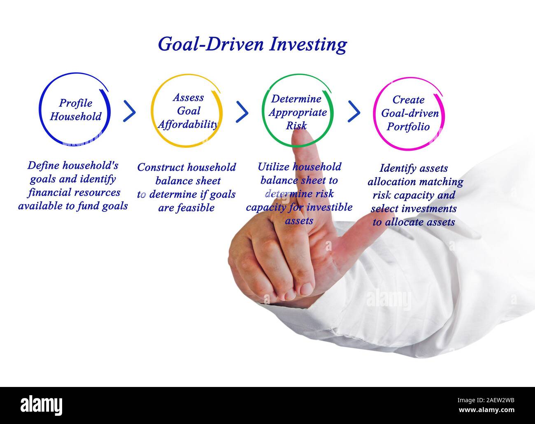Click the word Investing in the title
click(x=308, y=44)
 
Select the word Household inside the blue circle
click(x=76, y=116)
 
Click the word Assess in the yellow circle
click(x=188, y=98)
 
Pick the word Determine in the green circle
click(x=296, y=99)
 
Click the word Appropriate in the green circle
click(x=298, y=113)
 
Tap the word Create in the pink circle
click(x=409, y=100)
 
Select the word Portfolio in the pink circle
click(x=408, y=127)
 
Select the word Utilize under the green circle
click(x=273, y=167)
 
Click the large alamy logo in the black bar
click(x=41, y=405)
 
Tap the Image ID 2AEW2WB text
click(x=486, y=401)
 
